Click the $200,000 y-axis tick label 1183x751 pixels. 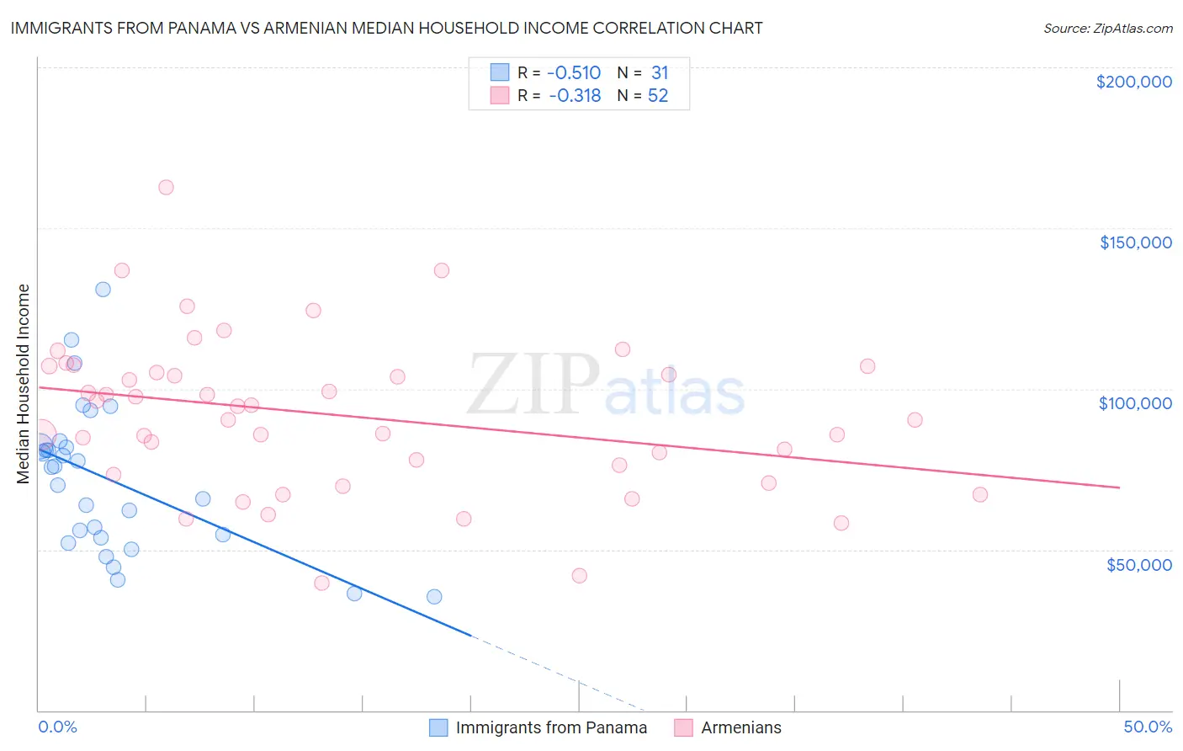(1133, 82)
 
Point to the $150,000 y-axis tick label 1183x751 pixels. (1135, 242)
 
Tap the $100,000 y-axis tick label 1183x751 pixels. (1135, 403)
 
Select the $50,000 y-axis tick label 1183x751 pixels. (1138, 564)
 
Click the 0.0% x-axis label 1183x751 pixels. (57, 727)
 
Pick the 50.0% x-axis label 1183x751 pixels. (1148, 727)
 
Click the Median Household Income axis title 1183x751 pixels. (24, 384)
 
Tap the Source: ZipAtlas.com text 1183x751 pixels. (1107, 29)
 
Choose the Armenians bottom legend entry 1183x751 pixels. (740, 727)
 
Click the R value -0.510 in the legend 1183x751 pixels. (574, 73)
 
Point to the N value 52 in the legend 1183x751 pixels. (657, 96)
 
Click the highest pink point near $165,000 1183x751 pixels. (166, 188)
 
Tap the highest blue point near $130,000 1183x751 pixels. (103, 290)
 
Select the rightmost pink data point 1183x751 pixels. (979, 494)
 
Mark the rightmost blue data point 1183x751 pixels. (434, 597)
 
